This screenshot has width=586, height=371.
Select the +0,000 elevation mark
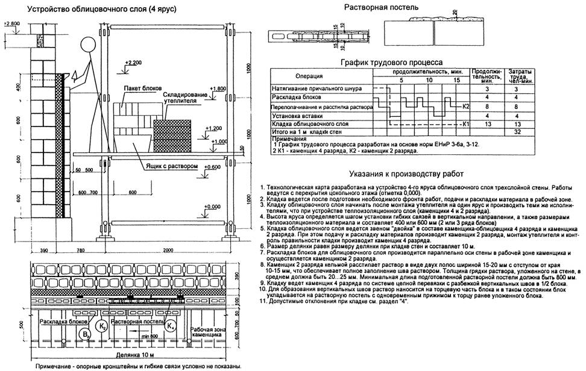(x=210, y=207)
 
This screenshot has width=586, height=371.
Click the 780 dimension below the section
(x=80, y=251)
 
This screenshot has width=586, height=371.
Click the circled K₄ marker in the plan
(x=171, y=327)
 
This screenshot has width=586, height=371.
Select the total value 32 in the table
(x=516, y=131)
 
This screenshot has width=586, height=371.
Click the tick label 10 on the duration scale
(x=429, y=80)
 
